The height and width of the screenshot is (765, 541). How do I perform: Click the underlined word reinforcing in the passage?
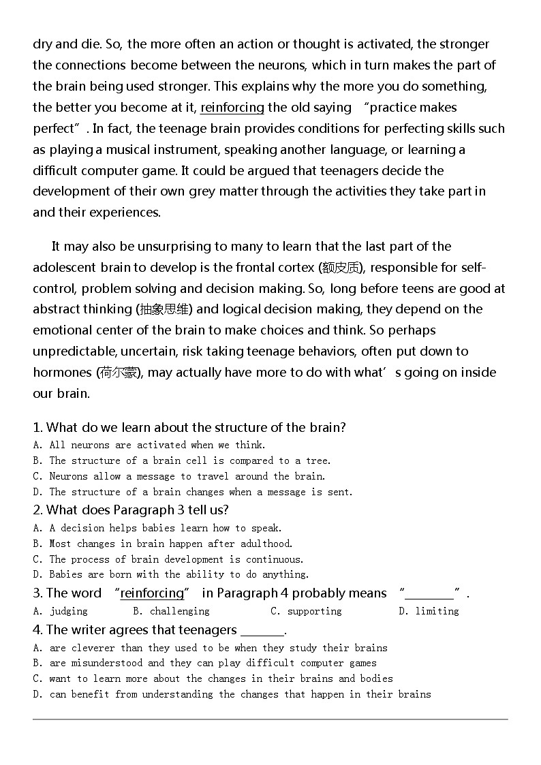point(232,108)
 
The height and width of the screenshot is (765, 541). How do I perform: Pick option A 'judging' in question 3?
point(68,611)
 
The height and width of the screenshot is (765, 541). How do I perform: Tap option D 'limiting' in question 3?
point(437,611)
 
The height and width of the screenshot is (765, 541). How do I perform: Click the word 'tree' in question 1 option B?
point(318,460)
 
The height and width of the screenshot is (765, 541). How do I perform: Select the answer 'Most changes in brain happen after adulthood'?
point(170,544)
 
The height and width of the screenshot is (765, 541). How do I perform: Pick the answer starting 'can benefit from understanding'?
point(240,694)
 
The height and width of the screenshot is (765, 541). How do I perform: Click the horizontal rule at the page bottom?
point(270,719)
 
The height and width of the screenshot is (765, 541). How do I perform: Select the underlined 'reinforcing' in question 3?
point(152,594)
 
